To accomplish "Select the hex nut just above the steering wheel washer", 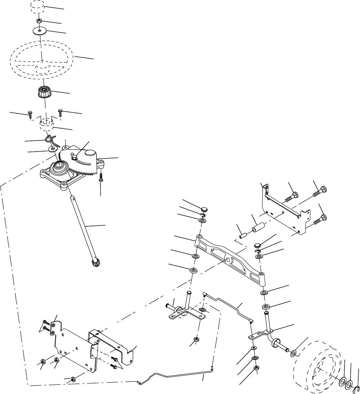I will pos(40,21).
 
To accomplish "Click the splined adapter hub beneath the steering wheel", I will pos(44,93).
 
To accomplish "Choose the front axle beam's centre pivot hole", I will pos(228,259).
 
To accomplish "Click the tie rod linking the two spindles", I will pos(228,304).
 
